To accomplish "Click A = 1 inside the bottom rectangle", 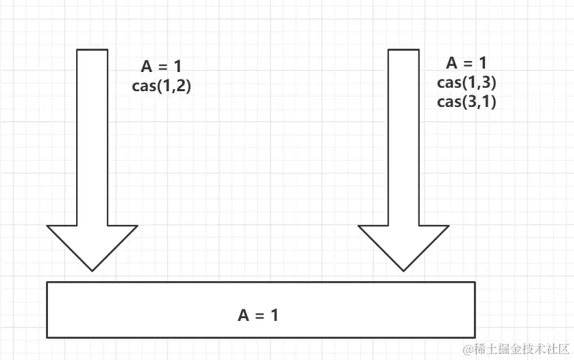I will [x=258, y=315].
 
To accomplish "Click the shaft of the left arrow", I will [x=92, y=137].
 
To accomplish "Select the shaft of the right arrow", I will [x=404, y=137].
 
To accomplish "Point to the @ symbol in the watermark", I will [x=468, y=349].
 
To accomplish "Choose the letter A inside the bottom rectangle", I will [x=243, y=315].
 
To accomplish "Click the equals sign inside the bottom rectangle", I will [x=259, y=316].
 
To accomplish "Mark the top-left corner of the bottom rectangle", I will [x=47, y=282].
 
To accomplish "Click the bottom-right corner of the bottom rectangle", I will [x=475, y=337].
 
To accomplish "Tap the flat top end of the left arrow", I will [x=92, y=50].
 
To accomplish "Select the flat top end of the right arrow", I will [x=404, y=50].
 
